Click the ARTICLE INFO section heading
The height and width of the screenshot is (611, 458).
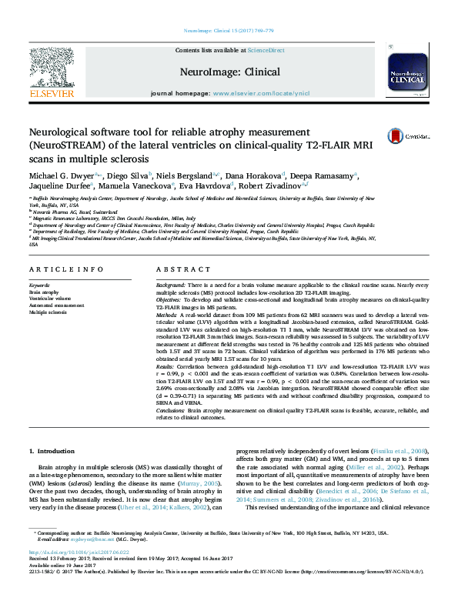66,269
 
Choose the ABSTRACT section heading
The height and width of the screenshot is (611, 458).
178,269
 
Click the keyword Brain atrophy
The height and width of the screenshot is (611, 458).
45,293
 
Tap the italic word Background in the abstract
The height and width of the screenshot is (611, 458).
172,285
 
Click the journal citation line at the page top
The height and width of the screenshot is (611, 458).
229,31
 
